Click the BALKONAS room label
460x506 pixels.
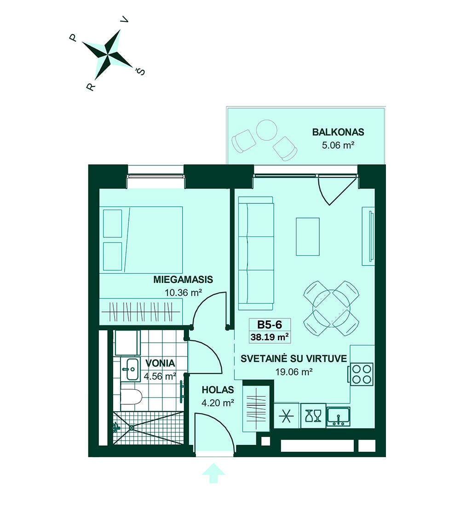[338, 132]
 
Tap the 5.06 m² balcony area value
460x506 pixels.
[338, 145]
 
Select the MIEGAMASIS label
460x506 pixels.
[183, 279]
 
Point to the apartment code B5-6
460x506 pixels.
[270, 324]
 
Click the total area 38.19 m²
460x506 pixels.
[270, 337]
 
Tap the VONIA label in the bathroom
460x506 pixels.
[160, 363]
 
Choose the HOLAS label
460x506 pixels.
[218, 390]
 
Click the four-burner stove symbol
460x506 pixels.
[362, 374]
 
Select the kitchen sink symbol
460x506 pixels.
[338, 416]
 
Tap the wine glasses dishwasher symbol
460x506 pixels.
[313, 416]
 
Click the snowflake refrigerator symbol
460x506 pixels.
[286, 416]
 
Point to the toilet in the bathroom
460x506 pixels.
[131, 397]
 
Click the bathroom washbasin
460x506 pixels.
[131, 369]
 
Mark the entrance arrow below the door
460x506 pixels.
[213, 473]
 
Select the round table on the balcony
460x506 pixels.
[267, 130]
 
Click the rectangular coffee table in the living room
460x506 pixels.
[308, 237]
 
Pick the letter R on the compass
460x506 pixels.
[91, 86]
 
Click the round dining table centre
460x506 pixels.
[332, 308]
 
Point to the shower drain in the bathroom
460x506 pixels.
[132, 428]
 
